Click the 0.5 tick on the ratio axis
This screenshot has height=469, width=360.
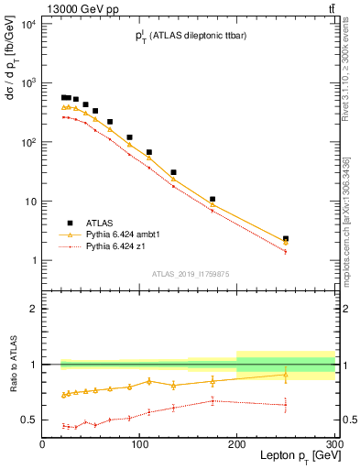coord(29,420)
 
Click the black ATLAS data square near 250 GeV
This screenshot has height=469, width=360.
coord(286,239)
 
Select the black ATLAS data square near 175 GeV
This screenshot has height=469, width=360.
coord(213,199)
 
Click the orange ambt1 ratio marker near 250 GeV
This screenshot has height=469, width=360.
coord(286,374)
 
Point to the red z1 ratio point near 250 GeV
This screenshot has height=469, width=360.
coord(286,404)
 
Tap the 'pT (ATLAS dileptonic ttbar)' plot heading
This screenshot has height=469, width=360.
coord(188,37)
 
